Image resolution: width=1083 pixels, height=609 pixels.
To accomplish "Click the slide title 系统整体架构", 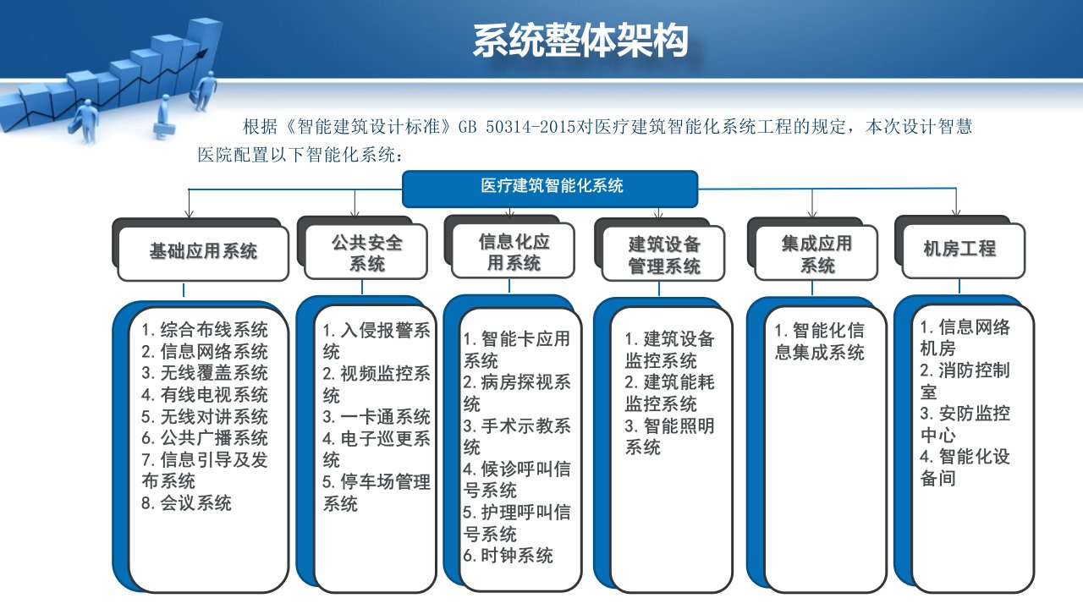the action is pos(580,41).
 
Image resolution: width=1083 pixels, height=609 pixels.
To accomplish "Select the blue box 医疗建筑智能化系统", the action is pos(550,189).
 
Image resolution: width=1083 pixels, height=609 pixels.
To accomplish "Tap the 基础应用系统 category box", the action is pos(203,254).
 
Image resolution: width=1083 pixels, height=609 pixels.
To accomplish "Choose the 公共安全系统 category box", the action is pos(366,252).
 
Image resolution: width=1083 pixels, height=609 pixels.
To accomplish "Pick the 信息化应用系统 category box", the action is pos(513,250).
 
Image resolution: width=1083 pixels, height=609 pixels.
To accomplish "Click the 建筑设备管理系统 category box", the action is pos(663,253).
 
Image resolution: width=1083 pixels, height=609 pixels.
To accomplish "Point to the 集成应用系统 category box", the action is pos(816,253).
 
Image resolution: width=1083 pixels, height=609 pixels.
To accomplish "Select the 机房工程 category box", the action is pos(964,251).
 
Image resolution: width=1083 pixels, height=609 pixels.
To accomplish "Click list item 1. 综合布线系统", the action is pos(205,330).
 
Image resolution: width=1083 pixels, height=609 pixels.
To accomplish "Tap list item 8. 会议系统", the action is pos(187,503).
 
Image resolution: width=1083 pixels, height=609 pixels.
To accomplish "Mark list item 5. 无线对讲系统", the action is pos(205,417).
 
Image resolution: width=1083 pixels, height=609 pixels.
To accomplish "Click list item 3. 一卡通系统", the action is pos(377,417).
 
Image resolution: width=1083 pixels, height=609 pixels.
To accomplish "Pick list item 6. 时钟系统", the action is pos(508,556).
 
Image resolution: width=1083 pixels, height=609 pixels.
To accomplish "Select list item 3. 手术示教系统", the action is pos(516,436).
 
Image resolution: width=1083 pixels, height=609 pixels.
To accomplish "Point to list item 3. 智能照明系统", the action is pos(669,436).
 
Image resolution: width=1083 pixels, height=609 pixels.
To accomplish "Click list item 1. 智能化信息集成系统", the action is pos(819,342).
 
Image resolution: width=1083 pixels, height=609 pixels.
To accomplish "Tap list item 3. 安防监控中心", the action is pos(965,424).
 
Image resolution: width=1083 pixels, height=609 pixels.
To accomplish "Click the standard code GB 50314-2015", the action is pos(516,127).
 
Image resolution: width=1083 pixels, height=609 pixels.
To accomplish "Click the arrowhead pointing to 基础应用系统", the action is pos(189,212).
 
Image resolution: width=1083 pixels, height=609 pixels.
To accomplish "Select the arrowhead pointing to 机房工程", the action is pos(956,211).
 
